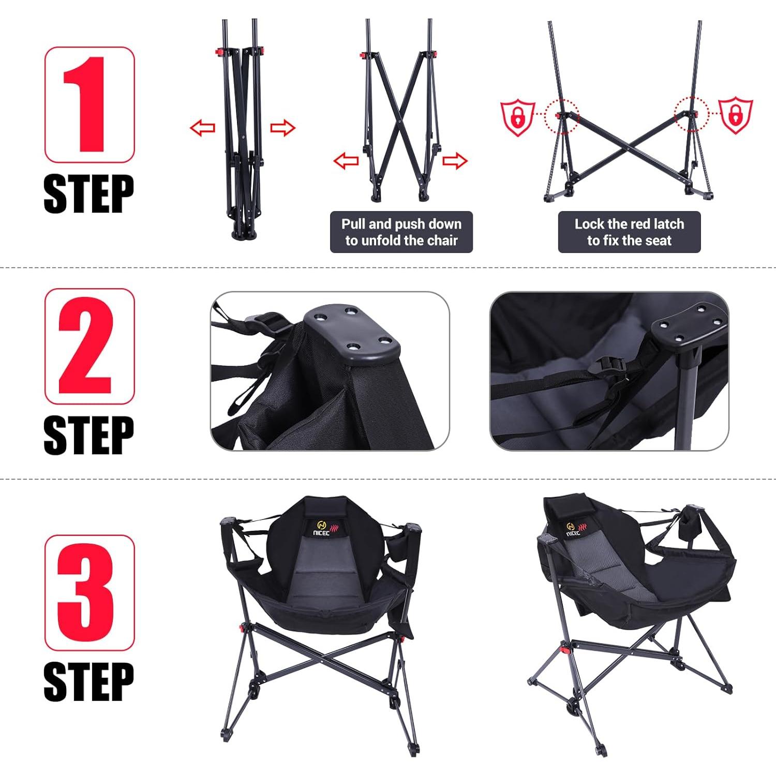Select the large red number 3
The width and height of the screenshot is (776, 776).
coord(86,592)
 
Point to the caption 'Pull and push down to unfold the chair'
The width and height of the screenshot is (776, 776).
coord(401,232)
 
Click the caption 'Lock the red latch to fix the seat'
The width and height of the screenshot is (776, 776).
coord(629,232)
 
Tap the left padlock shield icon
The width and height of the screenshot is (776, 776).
coord(518,118)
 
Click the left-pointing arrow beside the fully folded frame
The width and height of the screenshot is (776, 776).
coord(202,127)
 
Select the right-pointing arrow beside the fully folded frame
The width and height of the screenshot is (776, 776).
coord(282,127)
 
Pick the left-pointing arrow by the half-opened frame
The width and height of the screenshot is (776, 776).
coord(346,161)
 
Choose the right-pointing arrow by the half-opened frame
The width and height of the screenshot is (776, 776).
coord(455,161)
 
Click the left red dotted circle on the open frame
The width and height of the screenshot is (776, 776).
coord(562,116)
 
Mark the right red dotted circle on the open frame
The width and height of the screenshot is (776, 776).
coord(692,114)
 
